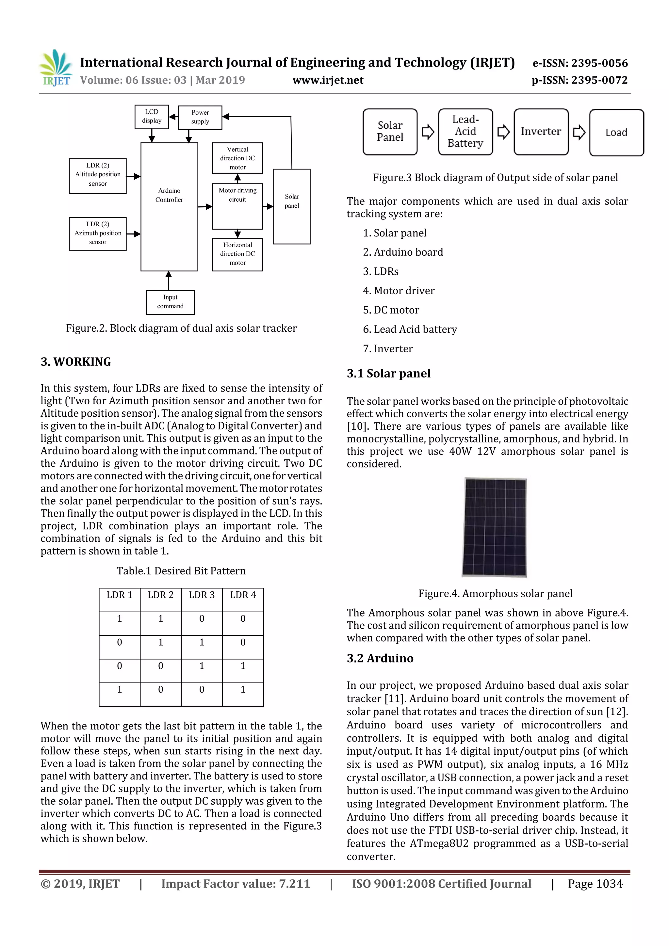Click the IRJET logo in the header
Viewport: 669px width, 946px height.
pos(56,68)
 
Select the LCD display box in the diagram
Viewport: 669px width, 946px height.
pos(152,117)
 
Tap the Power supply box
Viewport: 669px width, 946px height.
pos(200,118)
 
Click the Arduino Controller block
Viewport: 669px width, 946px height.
pos(169,206)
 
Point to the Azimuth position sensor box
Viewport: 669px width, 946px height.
pos(98,233)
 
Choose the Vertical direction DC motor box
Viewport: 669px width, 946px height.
pos(237,158)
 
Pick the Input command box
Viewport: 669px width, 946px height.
pos(170,302)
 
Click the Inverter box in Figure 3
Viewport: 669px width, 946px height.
pos(541,132)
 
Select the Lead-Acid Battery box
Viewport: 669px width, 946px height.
pos(465,132)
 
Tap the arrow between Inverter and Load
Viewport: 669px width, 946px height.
pos(579,132)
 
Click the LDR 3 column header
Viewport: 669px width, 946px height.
pos(202,595)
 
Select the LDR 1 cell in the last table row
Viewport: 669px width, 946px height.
pos(120,690)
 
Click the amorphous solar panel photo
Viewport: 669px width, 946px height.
pos(494,527)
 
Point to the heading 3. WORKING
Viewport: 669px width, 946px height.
pos(76,362)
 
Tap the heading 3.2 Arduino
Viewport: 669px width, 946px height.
pos(380,658)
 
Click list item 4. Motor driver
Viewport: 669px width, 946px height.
pos(399,291)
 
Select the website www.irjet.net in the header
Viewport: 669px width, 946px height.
pos(328,80)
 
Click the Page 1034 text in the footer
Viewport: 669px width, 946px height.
pos(595,884)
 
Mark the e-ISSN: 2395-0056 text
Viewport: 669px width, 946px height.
pos(580,63)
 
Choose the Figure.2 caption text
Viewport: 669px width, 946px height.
pos(181,329)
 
